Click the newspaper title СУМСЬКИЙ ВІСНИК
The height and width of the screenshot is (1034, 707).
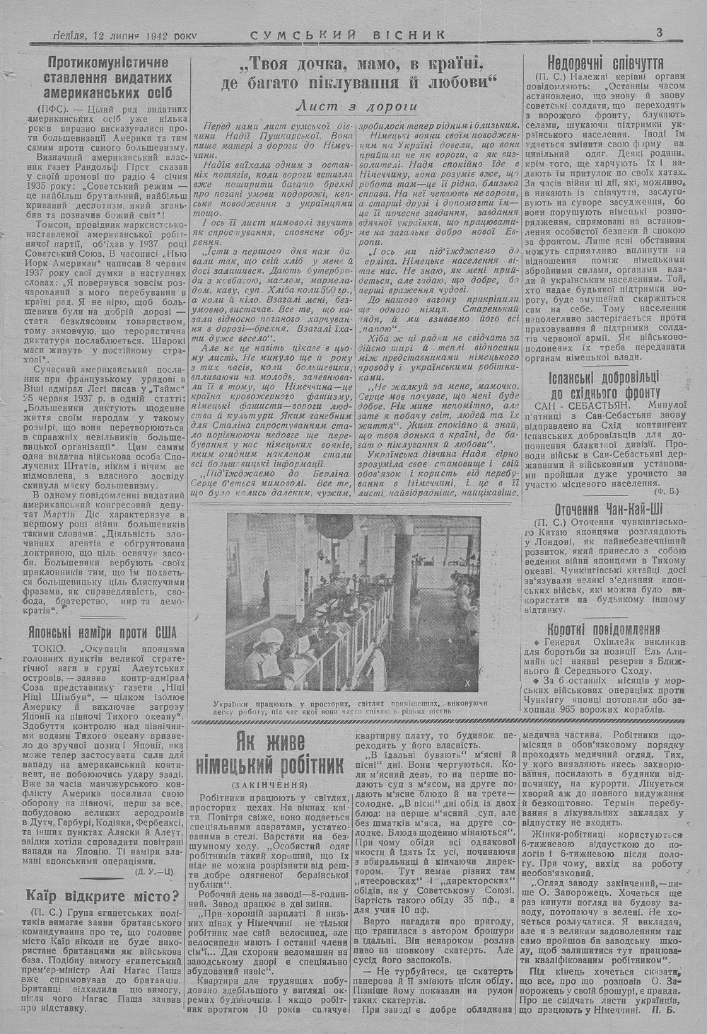(349, 34)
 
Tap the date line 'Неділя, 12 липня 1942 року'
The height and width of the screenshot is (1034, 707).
(125, 35)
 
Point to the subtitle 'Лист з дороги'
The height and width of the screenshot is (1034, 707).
(356, 106)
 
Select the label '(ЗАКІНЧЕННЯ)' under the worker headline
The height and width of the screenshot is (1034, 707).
(270, 785)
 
